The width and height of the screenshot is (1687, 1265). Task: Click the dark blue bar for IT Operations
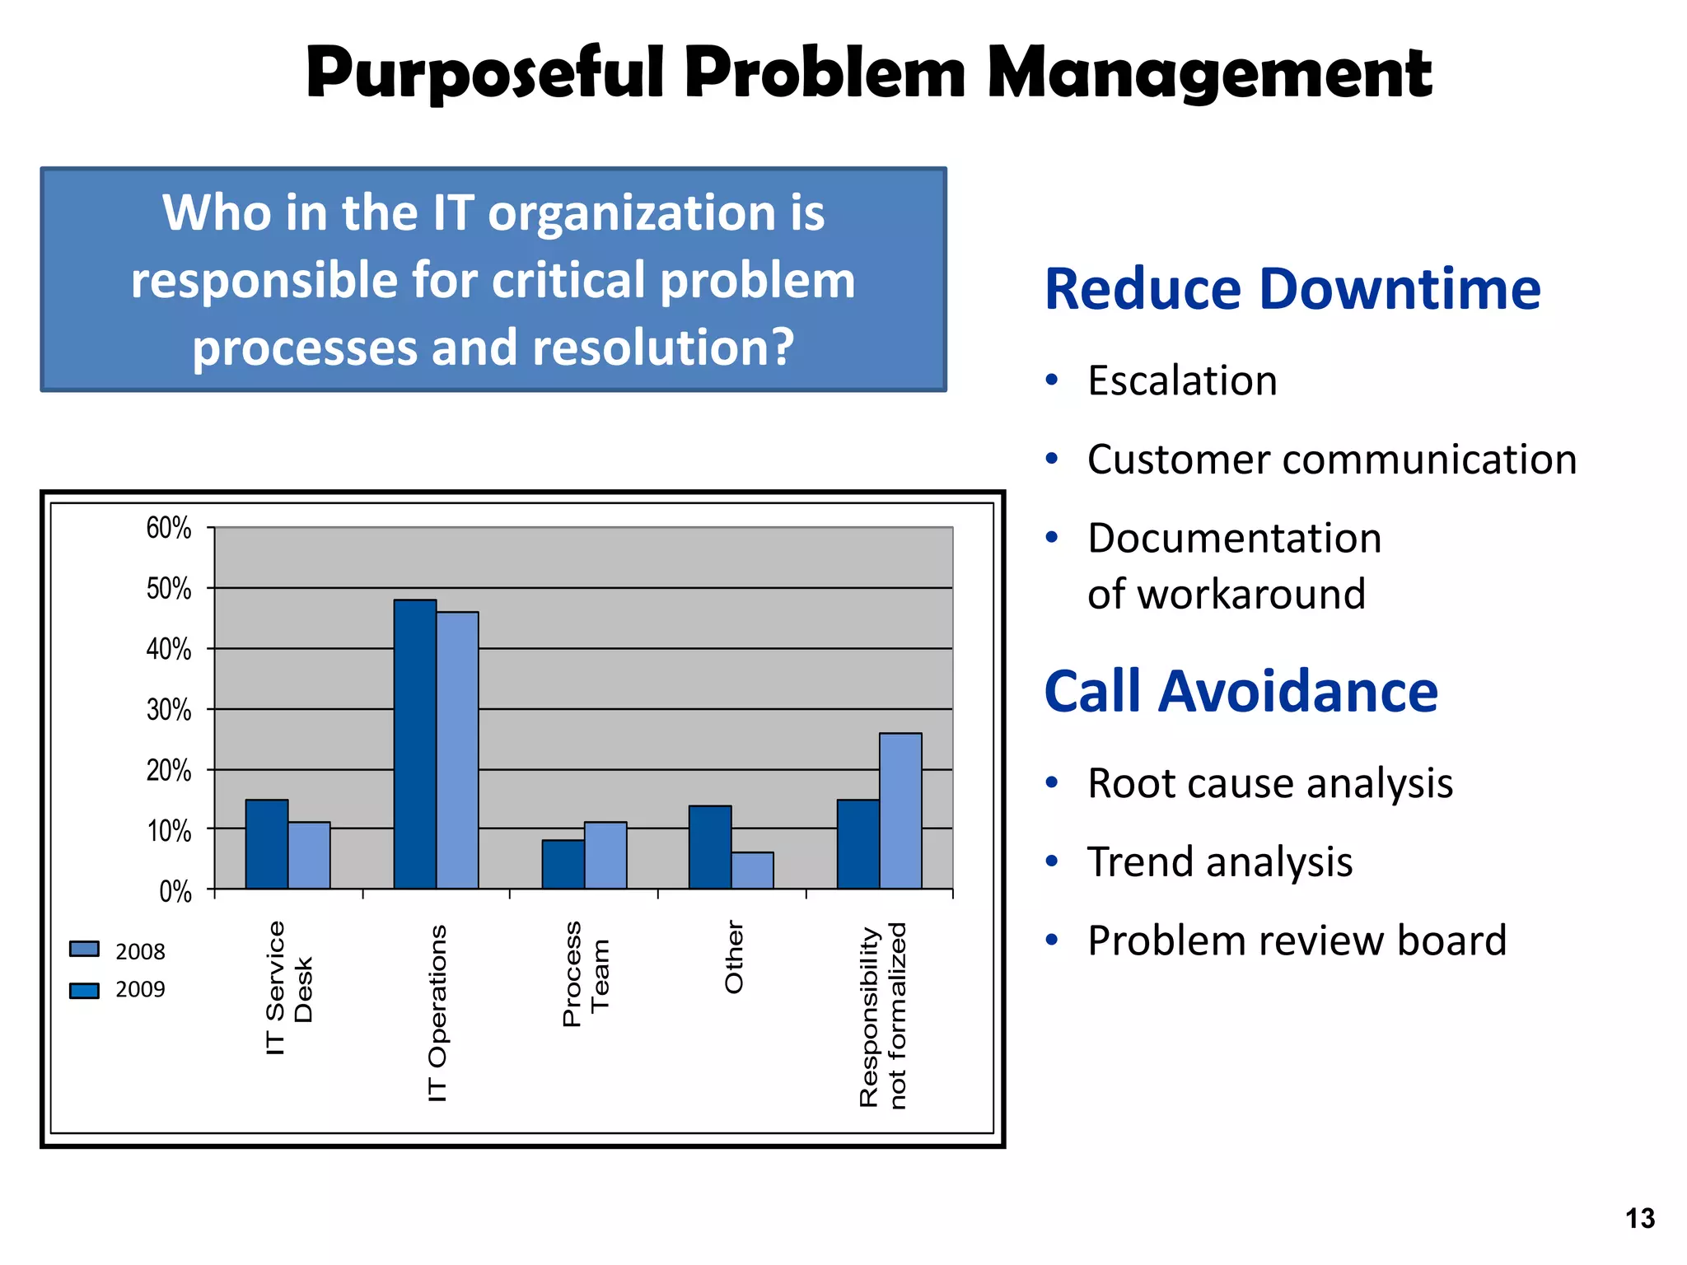point(414,745)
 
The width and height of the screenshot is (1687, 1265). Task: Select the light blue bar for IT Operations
point(457,750)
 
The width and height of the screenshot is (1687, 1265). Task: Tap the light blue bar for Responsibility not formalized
point(900,810)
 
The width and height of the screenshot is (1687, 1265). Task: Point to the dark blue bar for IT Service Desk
point(267,844)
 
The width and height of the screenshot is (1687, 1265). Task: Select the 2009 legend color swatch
point(84,990)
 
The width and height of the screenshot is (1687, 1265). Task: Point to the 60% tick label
point(169,528)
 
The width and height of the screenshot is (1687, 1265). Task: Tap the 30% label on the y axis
point(169,710)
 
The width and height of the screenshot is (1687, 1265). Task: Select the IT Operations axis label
point(437,1013)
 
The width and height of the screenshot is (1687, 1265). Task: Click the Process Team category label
point(586,974)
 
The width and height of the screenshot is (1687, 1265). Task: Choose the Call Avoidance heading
point(1241,691)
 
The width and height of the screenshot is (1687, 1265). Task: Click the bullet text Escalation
point(1182,380)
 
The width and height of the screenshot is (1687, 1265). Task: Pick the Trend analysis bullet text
point(1219,861)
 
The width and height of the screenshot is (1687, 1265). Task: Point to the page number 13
point(1639,1218)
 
